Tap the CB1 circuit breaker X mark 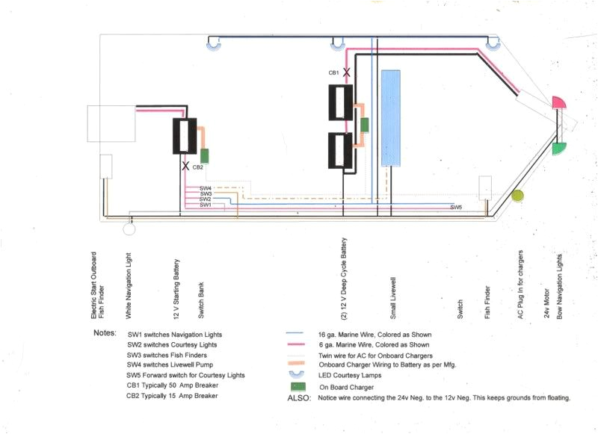(345, 73)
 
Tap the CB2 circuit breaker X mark (185, 167)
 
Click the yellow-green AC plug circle (517, 196)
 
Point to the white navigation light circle (129, 229)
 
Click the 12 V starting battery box (185, 137)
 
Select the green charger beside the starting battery (204, 155)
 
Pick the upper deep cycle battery (345, 102)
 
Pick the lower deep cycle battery (345, 151)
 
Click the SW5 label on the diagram (456, 207)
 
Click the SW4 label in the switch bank (206, 188)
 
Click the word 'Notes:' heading (105, 332)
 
